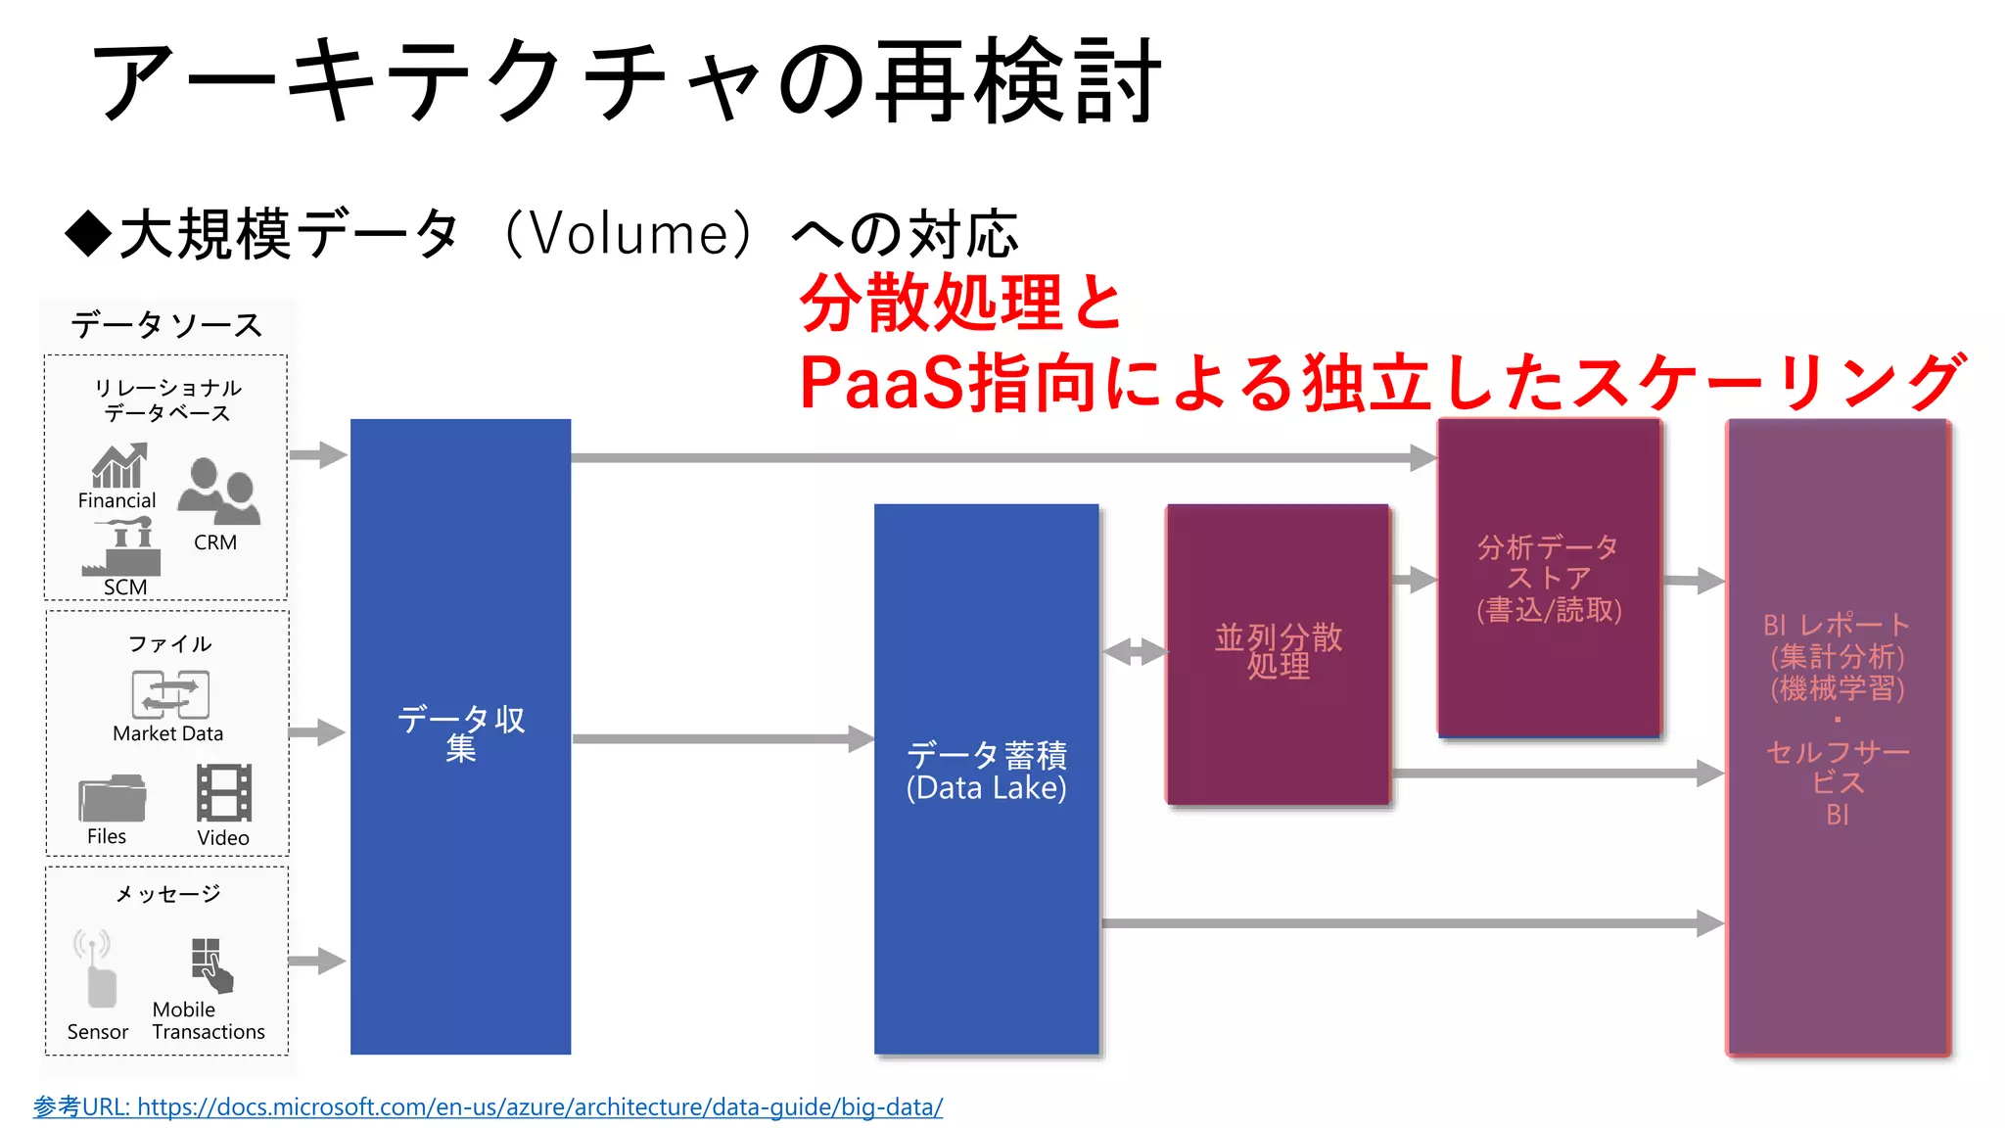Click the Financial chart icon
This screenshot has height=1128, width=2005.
(x=118, y=465)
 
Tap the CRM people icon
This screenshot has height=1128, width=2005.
(x=218, y=492)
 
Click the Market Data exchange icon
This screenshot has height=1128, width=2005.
(x=170, y=694)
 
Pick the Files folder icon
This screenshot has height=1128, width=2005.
(x=112, y=798)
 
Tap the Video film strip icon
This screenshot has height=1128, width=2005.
(x=224, y=792)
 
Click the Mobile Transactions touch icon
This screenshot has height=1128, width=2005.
(x=211, y=964)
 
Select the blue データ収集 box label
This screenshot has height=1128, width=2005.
(x=460, y=733)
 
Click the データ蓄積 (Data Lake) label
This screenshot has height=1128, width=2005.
(x=986, y=772)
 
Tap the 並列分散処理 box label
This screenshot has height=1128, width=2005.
(x=1278, y=651)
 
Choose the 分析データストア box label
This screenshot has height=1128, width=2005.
(x=1549, y=578)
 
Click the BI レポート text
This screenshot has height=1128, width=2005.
(x=1836, y=625)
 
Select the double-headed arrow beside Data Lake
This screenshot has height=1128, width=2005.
(x=1134, y=651)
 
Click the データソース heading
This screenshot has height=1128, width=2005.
(x=166, y=325)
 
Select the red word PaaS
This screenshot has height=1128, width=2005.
(x=881, y=382)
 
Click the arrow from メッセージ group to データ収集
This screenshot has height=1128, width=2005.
(x=317, y=961)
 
